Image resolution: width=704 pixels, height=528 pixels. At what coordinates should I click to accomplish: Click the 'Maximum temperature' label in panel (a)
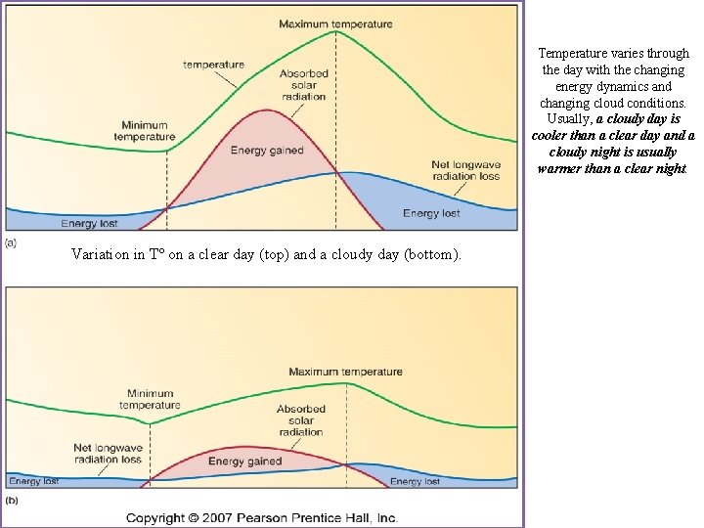tap(335, 22)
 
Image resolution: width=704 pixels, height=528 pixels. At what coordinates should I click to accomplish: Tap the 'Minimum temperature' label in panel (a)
tap(144, 131)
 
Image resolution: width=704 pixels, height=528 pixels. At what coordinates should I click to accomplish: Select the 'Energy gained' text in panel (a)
tap(267, 151)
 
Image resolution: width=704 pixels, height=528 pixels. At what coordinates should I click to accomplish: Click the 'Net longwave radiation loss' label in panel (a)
tap(465, 170)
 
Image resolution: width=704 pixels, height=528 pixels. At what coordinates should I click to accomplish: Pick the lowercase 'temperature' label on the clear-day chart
tap(213, 66)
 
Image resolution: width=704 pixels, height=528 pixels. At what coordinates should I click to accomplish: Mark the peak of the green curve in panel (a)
tap(337, 31)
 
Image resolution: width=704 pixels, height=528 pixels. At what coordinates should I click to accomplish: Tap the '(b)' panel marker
tap(12, 499)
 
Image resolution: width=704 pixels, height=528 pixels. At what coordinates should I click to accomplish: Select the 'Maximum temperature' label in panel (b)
tap(345, 372)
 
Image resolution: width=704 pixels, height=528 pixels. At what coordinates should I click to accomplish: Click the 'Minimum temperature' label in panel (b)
tap(150, 399)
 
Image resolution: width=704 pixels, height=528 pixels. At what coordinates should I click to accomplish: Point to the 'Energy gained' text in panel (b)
tap(244, 462)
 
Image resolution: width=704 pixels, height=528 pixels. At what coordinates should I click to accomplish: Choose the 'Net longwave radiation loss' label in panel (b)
tap(108, 454)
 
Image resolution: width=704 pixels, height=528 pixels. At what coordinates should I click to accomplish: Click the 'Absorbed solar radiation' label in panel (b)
tap(300, 420)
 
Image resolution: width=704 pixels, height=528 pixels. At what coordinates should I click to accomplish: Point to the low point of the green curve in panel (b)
tap(150, 423)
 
